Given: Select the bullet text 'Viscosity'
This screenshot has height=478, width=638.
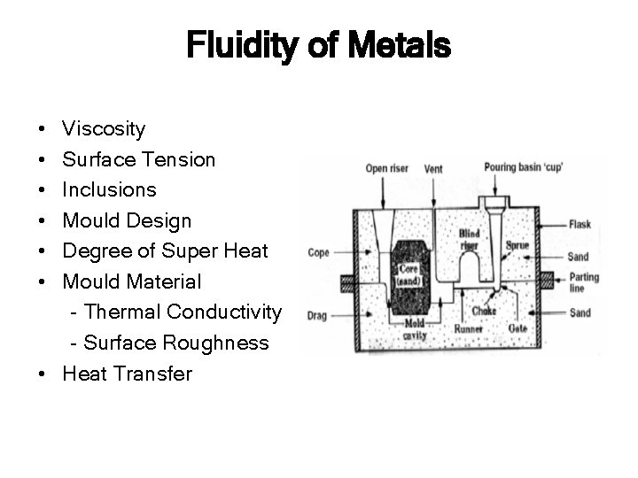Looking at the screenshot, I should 104,129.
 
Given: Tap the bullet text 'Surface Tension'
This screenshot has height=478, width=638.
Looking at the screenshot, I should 138,159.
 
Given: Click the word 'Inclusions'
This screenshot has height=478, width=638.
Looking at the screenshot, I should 109,189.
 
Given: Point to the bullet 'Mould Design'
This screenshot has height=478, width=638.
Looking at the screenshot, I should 127,220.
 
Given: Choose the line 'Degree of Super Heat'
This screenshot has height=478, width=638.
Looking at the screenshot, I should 165,251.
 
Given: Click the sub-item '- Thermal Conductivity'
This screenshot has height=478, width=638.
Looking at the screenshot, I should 175,312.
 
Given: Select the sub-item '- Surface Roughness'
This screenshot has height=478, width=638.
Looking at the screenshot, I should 168,343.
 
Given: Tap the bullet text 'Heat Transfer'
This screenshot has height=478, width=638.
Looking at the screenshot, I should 127,374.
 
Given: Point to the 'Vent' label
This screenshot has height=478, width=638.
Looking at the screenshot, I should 434,168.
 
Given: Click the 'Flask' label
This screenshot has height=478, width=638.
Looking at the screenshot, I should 582,224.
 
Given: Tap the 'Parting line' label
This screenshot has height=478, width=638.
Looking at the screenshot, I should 585,282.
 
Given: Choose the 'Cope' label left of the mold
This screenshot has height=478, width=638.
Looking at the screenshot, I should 318,253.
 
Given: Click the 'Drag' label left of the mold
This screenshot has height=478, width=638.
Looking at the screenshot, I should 317,315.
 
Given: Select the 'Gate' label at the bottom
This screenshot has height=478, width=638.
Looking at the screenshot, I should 517,328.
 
